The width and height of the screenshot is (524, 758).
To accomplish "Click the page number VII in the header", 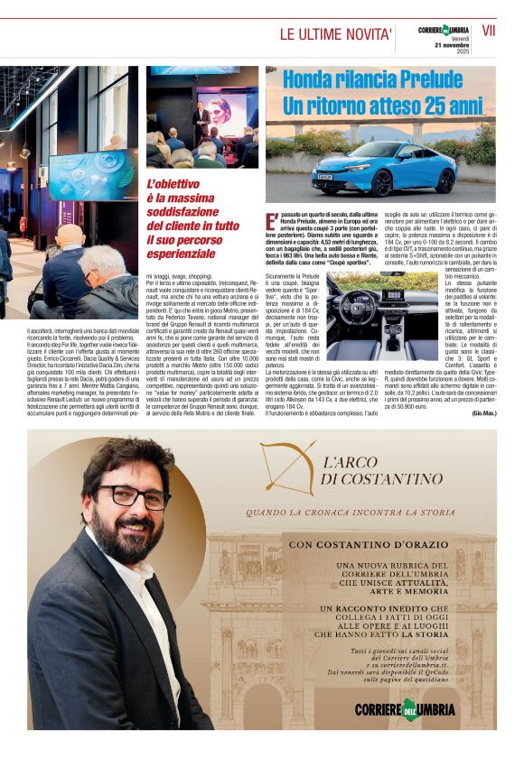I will tap(490, 32).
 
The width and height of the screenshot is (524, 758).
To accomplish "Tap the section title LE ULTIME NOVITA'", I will tap(336, 34).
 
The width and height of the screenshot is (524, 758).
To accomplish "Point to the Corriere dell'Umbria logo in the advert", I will tap(405, 707).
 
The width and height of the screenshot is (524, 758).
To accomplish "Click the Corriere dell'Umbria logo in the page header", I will tap(444, 31).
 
